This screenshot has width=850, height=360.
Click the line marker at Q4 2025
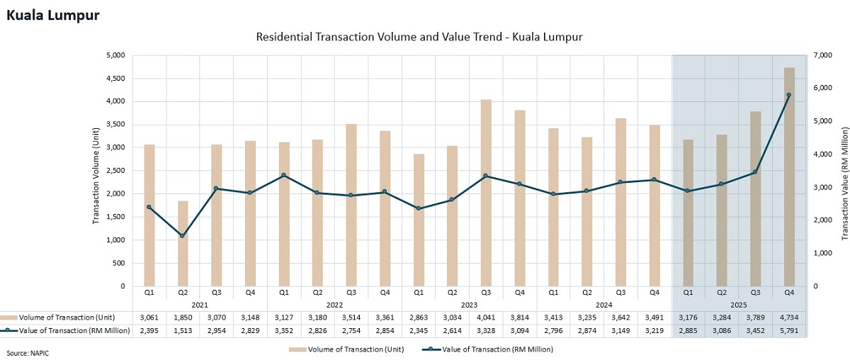789,95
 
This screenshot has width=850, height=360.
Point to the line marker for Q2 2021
183,236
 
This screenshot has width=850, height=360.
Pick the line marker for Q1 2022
284,175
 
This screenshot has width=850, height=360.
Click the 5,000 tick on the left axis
115,55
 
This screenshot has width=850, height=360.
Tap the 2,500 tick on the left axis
115,171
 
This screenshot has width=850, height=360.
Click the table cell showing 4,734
789,317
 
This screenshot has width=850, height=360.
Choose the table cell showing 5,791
789,331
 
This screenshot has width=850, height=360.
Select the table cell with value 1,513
183,331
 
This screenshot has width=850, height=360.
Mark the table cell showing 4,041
486,317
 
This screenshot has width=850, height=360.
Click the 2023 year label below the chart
469,303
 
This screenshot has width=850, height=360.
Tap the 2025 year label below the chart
739,303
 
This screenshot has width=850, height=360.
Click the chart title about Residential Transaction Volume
419,36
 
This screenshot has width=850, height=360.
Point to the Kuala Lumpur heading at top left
53,15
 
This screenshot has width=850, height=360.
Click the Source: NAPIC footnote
27,352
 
